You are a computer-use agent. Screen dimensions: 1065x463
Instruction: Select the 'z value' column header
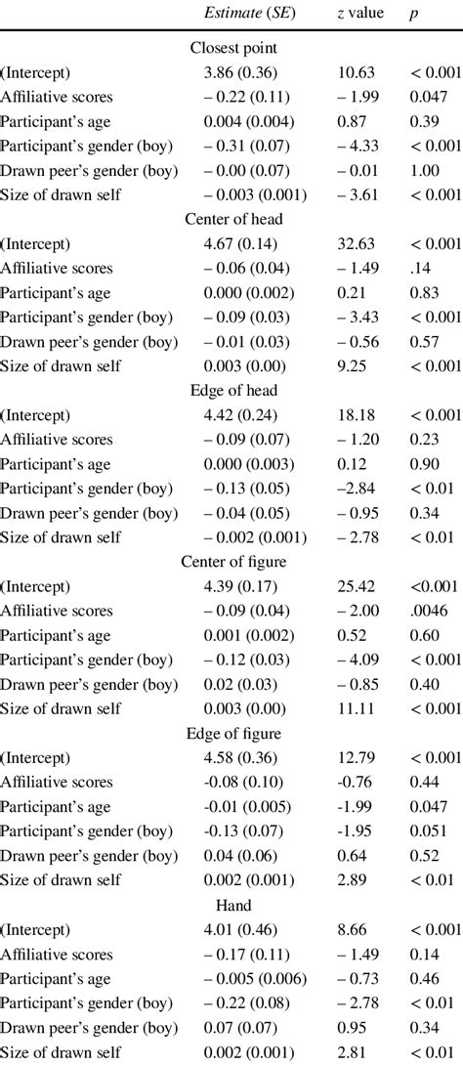coord(358,14)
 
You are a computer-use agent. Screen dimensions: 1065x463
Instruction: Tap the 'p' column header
coord(415,14)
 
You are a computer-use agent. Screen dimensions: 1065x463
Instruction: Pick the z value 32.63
coord(356,243)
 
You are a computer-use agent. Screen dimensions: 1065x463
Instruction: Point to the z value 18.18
coord(356,414)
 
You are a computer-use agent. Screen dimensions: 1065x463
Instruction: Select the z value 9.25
coord(356,365)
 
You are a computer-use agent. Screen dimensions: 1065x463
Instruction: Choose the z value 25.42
coord(356,586)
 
